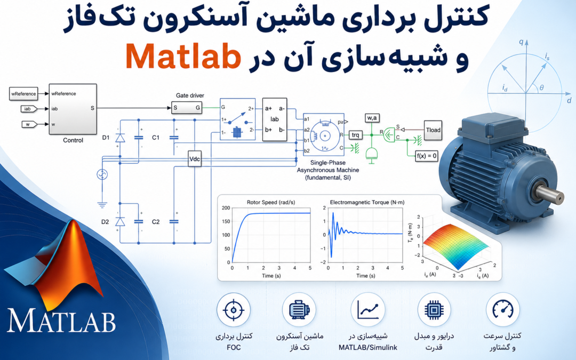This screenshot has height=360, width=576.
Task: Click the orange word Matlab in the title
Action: [x=183, y=56]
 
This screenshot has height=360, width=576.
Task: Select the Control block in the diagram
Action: [x=73, y=109]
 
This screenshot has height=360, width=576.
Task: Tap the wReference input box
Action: [x=23, y=94]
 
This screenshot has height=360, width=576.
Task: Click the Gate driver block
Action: [x=187, y=108]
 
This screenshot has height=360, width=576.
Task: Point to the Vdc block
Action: [x=194, y=159]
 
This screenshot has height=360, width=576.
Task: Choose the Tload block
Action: [x=433, y=130]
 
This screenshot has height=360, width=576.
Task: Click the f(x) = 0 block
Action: [x=427, y=156]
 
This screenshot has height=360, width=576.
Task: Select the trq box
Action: [x=355, y=135]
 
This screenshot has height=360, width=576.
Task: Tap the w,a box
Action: [x=372, y=118]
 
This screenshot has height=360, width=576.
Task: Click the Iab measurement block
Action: [x=275, y=119]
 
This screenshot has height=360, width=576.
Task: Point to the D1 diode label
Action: [x=106, y=138]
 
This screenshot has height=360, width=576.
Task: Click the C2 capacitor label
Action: [x=156, y=222]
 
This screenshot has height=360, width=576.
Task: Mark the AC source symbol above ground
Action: [x=102, y=174]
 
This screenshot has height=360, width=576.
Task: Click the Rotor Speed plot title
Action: [x=271, y=203]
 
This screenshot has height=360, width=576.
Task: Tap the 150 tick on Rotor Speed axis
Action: [x=226, y=221]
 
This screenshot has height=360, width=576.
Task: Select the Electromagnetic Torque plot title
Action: [x=367, y=203]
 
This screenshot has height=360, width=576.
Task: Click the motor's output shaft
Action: [x=550, y=193]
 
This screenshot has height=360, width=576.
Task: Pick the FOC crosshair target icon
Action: [x=233, y=310]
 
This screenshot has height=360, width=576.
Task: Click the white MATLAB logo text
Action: [x=61, y=321]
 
